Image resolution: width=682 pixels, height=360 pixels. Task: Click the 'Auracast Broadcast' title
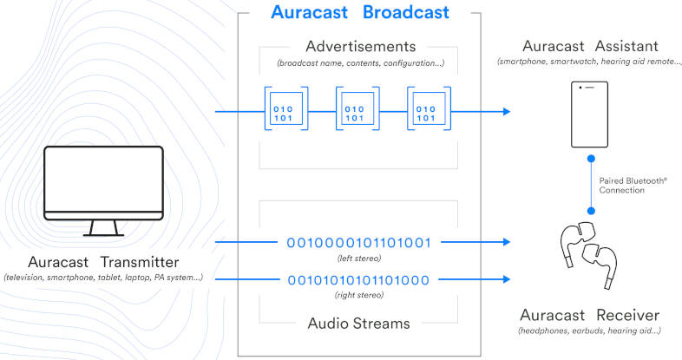tap(360, 13)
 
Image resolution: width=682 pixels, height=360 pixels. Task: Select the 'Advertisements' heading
tap(360, 46)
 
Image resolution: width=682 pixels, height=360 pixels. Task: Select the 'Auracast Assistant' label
tap(590, 46)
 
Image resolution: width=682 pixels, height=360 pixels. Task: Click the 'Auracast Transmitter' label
tap(103, 263)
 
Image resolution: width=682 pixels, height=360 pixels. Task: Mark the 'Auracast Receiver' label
tap(590, 315)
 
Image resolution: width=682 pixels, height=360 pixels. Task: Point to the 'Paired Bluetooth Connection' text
tap(633, 185)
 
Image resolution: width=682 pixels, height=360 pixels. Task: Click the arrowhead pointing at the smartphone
tap(505, 113)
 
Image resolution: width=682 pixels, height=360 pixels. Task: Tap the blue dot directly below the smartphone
tap(591, 160)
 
